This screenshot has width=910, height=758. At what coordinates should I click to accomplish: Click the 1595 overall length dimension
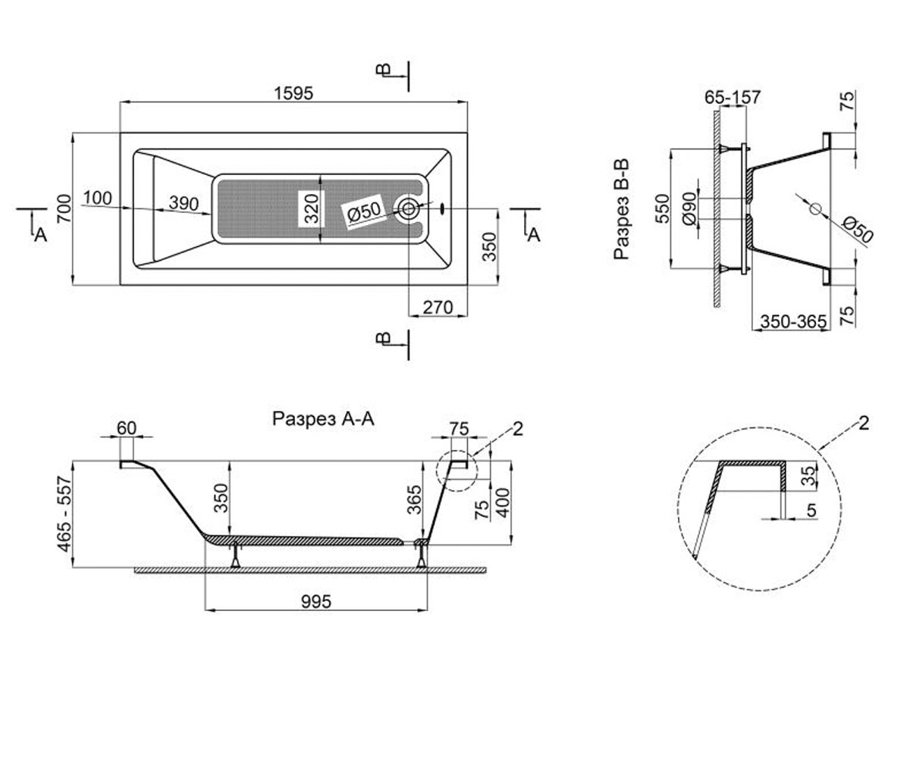coord(293,94)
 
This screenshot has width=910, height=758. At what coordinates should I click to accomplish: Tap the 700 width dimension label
coord(64,208)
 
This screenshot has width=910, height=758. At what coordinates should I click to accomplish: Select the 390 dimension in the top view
coord(184,203)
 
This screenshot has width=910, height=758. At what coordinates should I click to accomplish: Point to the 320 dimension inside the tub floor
coord(312,208)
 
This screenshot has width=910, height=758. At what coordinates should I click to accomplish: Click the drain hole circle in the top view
coord(409,208)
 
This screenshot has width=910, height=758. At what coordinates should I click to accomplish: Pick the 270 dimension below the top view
coord(438,308)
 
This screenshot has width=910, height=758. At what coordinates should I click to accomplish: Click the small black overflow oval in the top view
coord(443,208)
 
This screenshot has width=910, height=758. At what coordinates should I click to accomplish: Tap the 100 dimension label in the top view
coord(97,198)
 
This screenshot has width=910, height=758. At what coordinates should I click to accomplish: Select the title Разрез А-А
coord(323,418)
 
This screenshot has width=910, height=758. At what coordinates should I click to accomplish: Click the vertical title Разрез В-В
coord(622,209)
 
